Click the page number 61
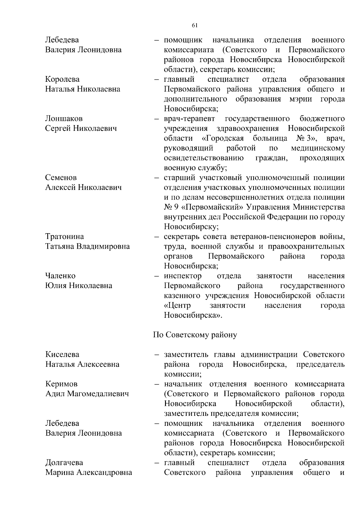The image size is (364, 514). pos(195,25)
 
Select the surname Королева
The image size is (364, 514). pos(62,79)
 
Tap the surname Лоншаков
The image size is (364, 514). pos(64,118)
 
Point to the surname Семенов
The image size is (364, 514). pos(61,177)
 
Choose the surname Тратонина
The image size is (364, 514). pos(65,237)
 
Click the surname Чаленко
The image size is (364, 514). pos(60,276)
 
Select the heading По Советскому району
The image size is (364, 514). pos(195,335)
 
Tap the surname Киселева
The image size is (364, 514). pos(62,354)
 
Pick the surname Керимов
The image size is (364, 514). pos(62,384)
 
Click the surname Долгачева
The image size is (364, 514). pos(64,463)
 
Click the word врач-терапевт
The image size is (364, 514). pos(190,118)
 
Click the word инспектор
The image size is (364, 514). pos(183,276)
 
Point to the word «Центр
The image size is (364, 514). pos(177,305)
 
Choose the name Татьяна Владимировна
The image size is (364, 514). pos(87,246)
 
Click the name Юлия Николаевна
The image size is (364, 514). pos(79,286)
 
